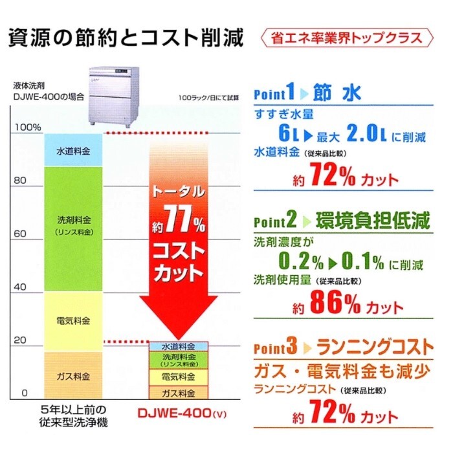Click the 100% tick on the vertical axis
(x=27, y=127)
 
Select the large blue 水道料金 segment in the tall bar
(x=72, y=151)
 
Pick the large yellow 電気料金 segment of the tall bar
(x=72, y=321)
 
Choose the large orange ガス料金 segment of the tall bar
(x=72, y=375)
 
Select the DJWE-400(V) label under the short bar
(x=179, y=412)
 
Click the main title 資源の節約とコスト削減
(x=126, y=38)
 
